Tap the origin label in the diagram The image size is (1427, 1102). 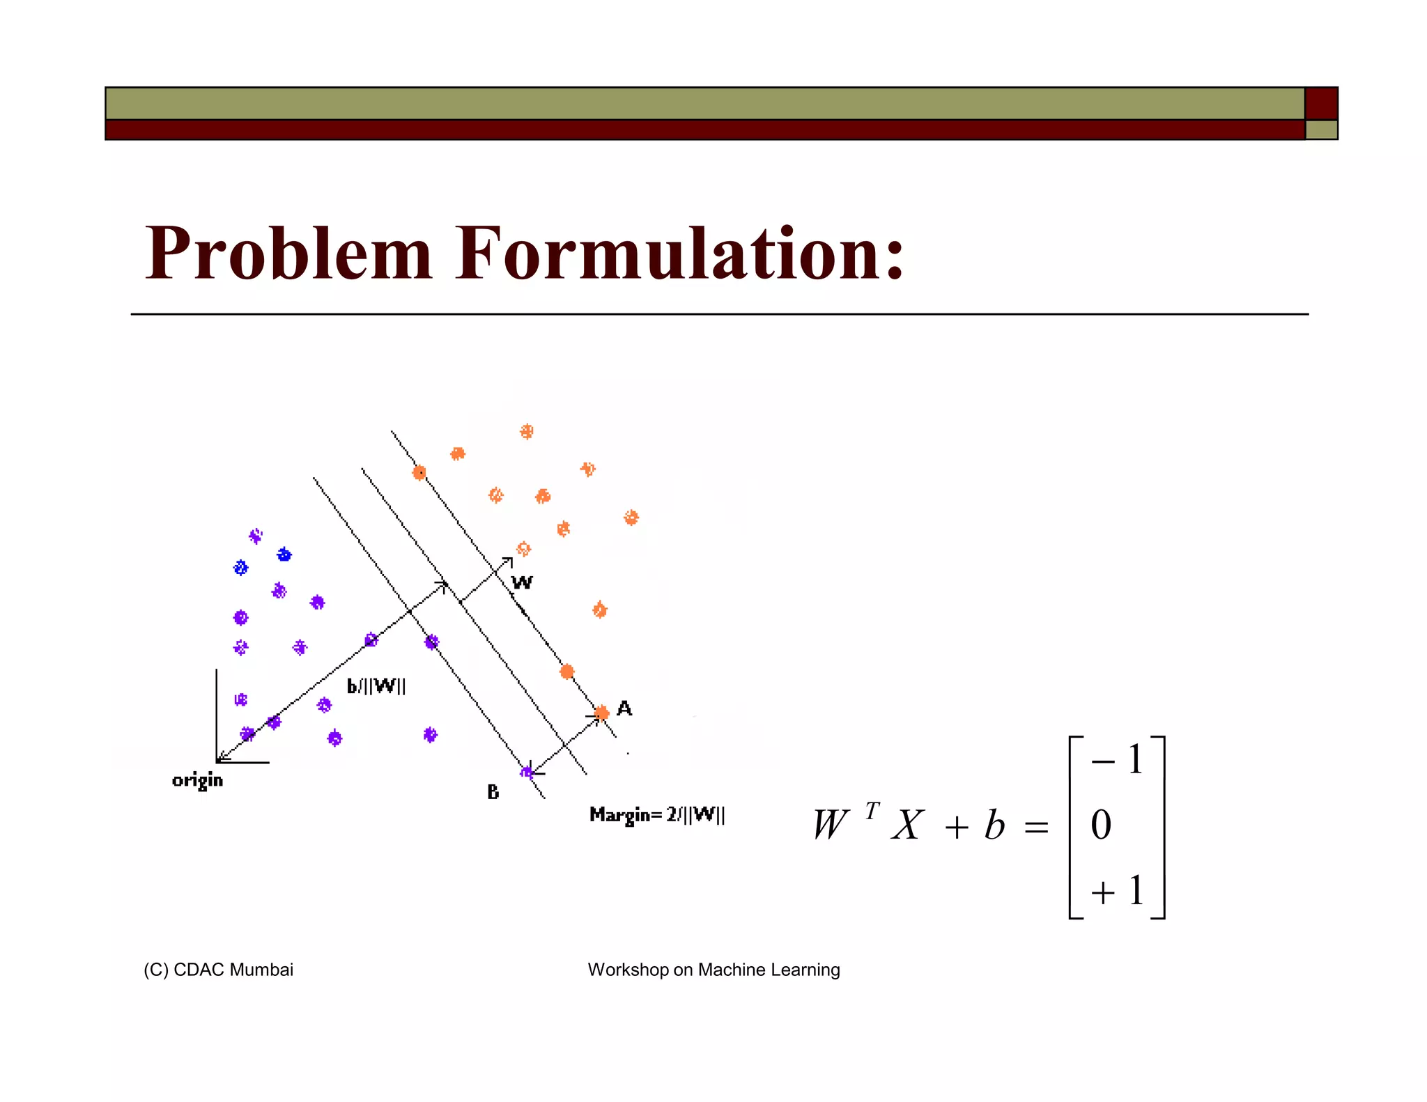tap(197, 780)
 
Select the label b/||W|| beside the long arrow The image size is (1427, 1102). tap(376, 687)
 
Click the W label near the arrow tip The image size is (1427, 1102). tap(522, 583)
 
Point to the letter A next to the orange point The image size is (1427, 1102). tap(624, 708)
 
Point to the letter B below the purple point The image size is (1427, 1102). tap(493, 792)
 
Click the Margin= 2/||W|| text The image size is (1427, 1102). tap(657, 815)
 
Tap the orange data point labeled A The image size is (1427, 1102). tap(602, 713)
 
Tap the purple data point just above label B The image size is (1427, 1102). tap(527, 772)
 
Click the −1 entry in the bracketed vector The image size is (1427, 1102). tap(1117, 760)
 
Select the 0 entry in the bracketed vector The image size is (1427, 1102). tap(1101, 825)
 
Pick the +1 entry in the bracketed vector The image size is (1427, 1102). tap(1117, 891)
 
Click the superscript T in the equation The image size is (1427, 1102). tap(872, 811)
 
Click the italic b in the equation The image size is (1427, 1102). tap(994, 826)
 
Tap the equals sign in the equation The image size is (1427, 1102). tap(1036, 828)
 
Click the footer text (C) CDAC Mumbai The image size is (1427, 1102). tap(218, 970)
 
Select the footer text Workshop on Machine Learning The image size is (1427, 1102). tap(713, 970)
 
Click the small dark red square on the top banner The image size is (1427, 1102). tap(1320, 104)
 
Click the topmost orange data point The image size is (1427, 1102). tap(527, 432)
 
